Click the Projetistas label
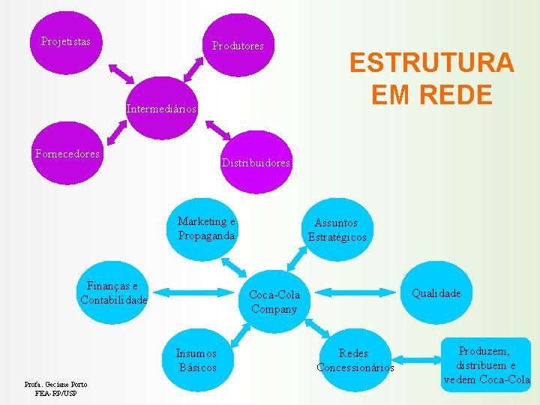pos(65,41)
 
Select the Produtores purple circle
pos(238,45)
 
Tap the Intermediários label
pos(161,109)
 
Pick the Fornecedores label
pos(67,154)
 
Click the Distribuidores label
pos(256,163)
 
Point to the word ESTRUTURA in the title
pos(431,62)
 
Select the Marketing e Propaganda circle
pos(207,228)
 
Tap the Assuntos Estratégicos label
pos(337,229)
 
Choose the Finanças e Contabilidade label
pos(113,292)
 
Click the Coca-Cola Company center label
pos(274,301)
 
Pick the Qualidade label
pos(436,293)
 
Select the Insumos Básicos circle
pos(197,360)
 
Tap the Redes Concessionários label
pos(355,360)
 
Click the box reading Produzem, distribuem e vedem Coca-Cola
pos(487,365)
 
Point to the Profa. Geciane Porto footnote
pos(56,388)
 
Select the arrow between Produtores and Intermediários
pos(194,68)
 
